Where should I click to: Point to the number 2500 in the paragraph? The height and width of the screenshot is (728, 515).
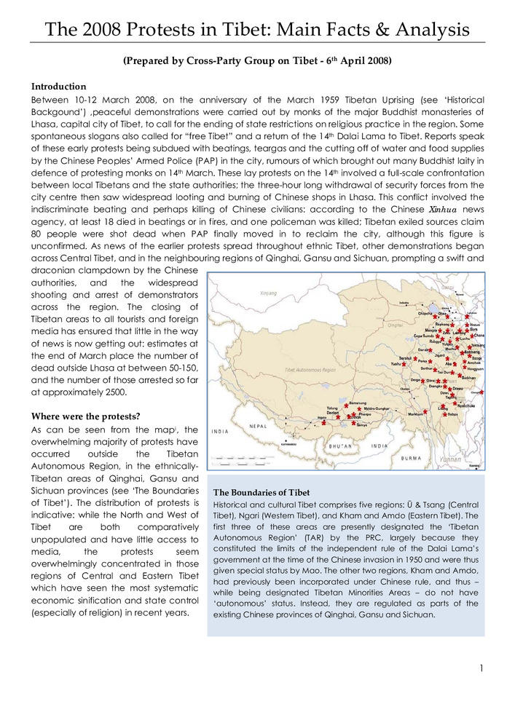(111, 392)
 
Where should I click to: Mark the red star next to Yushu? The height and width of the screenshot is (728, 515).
(406, 364)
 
